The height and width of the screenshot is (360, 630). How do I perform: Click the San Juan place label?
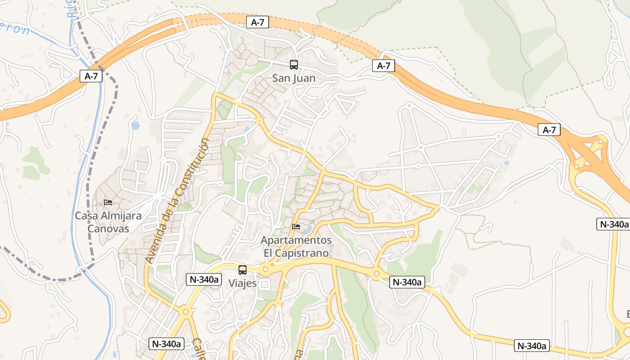pos(293,78)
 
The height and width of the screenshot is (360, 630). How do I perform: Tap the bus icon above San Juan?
pos(293,65)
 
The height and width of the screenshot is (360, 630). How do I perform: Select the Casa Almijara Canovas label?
pos(108,222)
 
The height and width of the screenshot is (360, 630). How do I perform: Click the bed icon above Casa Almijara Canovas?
pos(108,202)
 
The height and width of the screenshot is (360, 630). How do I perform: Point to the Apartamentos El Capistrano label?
pos(296,247)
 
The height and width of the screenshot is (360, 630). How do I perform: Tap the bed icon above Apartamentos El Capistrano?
pos(296,226)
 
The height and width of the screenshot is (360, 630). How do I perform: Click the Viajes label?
pos(242,283)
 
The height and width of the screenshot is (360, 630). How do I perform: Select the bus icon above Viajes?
pos(242,270)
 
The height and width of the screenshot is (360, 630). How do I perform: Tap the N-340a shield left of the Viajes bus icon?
pos(204,279)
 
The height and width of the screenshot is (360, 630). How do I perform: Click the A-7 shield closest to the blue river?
pos(91,76)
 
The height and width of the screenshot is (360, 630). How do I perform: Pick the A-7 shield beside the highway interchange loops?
pos(549,130)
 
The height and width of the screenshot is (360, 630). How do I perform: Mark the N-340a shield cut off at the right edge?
pos(612,224)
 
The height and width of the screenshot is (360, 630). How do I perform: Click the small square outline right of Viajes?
pos(265,284)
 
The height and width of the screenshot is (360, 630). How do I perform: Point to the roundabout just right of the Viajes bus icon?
pos(265,270)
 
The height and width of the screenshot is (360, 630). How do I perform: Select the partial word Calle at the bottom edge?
pos(198,349)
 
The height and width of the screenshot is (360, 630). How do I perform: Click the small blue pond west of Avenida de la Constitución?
pos(135,125)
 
